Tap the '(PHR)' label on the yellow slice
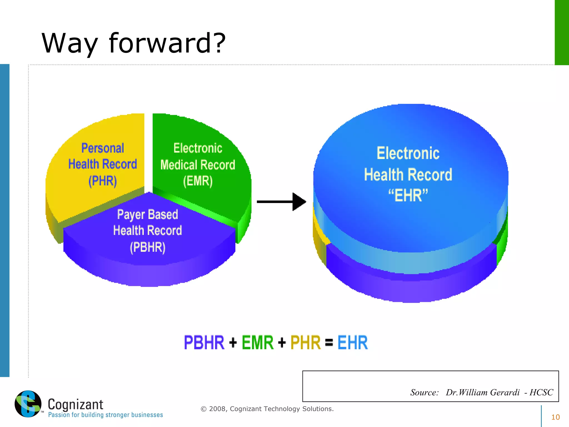pos(103,181)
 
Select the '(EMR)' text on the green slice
pos(198,181)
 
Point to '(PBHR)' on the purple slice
pos(148,247)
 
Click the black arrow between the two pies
pos(281,202)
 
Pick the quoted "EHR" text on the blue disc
pos(408,195)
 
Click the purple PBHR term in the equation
pos(204,342)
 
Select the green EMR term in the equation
pos(258,342)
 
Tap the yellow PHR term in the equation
pos(305,342)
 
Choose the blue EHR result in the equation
pos(353,342)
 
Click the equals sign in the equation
pos(329,343)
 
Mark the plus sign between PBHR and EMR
pos(233,343)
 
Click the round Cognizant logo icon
pos(28,404)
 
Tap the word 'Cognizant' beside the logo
pos(75,404)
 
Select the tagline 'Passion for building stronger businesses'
pos(106,415)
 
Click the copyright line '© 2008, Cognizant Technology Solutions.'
pos(267,409)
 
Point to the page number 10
pos(555,417)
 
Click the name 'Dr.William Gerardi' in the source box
pos(483,392)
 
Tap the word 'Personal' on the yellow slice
pos(103,148)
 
